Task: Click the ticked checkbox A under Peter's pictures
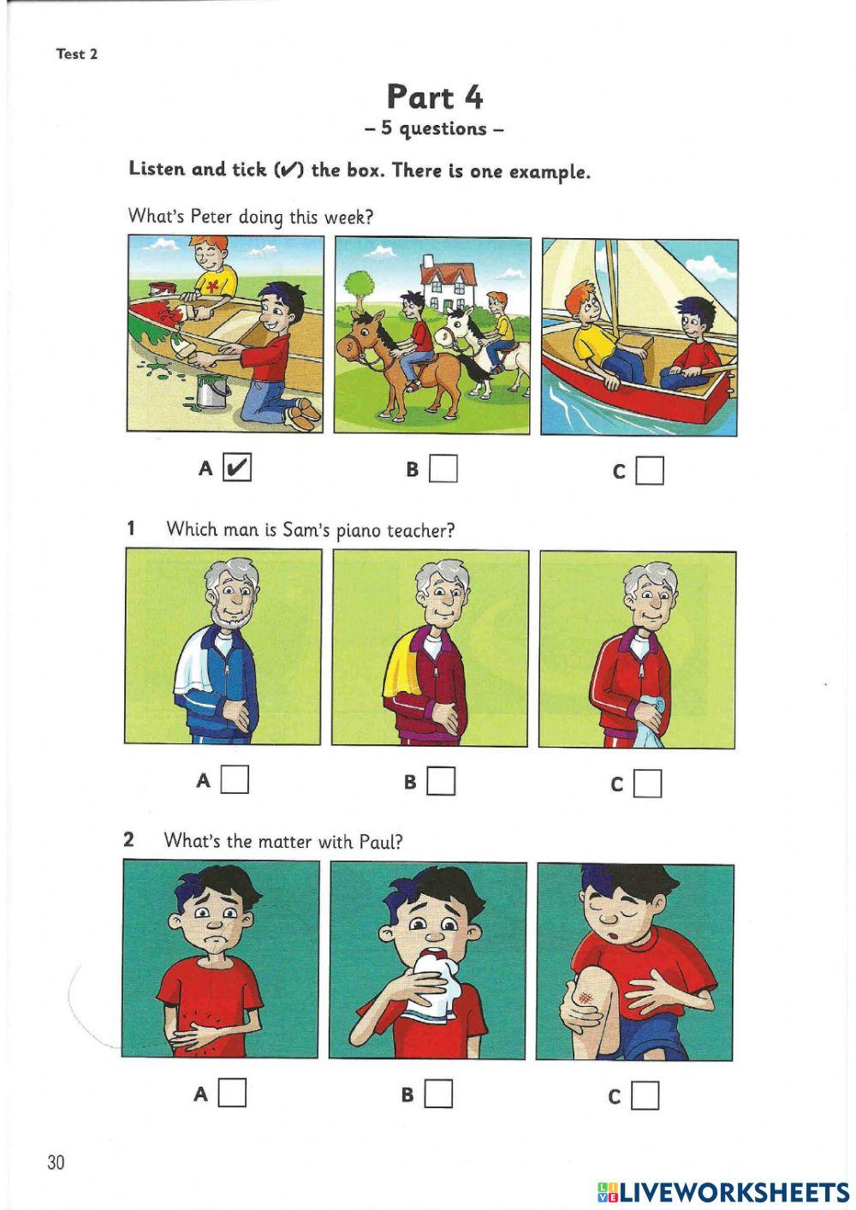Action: point(237,468)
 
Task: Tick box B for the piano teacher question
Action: point(441,781)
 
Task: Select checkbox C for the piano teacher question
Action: point(648,783)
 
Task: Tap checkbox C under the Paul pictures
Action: point(645,1095)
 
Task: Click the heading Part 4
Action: point(434,97)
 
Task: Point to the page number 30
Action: point(56,1162)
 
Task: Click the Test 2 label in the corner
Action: point(77,54)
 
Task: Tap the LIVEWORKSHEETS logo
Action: point(723,1191)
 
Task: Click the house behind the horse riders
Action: point(446,283)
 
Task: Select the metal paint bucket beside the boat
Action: point(211,391)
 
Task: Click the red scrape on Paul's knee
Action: point(586,997)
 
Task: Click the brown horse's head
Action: point(354,337)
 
